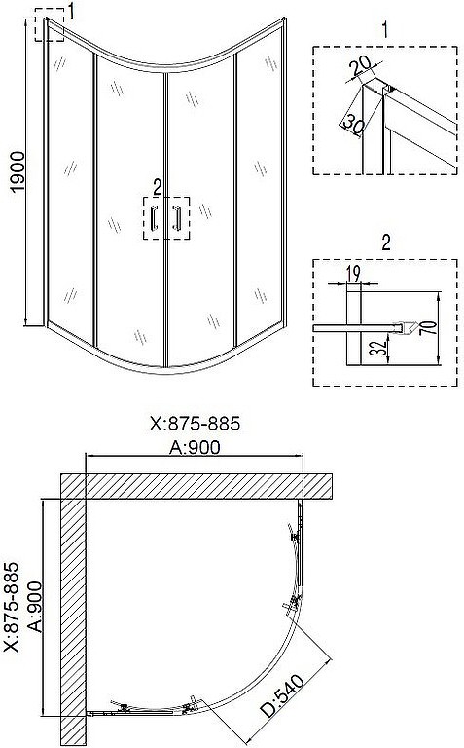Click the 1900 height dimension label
17,172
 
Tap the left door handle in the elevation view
154,218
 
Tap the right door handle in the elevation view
177,218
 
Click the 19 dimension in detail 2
353,274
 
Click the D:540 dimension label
282,695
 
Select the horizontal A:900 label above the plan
195,447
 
